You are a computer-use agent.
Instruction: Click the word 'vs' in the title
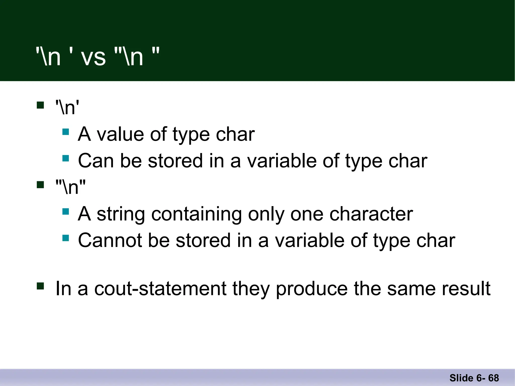(93, 58)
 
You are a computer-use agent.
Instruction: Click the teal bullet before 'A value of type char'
(66, 132)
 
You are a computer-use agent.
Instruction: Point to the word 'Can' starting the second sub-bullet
(96, 161)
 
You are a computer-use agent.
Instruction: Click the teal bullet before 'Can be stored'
(66, 158)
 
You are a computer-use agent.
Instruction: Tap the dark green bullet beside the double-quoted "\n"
(40, 185)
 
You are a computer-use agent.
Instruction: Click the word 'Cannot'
(110, 240)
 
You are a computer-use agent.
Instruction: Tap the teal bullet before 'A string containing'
(66, 212)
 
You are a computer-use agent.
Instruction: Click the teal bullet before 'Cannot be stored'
(66, 238)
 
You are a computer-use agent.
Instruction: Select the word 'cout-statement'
(160, 289)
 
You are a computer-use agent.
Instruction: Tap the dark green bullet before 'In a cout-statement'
(40, 286)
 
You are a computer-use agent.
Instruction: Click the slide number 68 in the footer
(493, 378)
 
